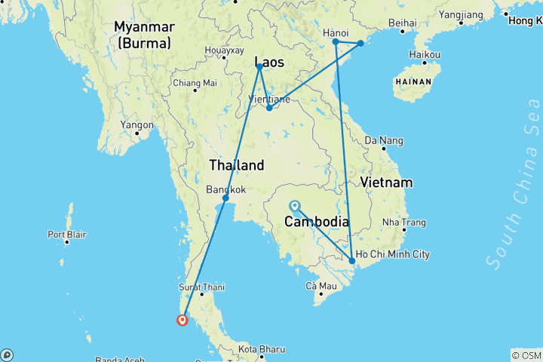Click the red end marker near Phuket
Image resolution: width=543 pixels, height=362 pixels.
(x=183, y=320)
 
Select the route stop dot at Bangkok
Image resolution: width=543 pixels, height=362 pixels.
(x=225, y=198)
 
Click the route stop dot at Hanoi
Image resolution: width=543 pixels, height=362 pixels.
(x=336, y=42)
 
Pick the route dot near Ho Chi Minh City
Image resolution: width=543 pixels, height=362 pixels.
(x=352, y=261)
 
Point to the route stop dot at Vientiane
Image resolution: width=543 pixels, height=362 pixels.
(x=269, y=108)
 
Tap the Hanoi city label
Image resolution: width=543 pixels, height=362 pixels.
(x=335, y=32)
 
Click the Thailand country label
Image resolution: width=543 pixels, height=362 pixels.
(x=236, y=165)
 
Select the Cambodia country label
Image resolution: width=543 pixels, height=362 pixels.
(x=316, y=222)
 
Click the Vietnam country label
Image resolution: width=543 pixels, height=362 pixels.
(x=386, y=183)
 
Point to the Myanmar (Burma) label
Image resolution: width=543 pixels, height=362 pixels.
(x=144, y=35)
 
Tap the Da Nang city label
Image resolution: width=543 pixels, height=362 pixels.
(x=384, y=140)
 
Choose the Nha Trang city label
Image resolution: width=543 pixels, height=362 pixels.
(x=404, y=222)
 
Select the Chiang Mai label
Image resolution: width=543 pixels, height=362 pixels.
(x=195, y=83)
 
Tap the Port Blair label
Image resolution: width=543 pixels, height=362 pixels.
(x=66, y=235)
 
